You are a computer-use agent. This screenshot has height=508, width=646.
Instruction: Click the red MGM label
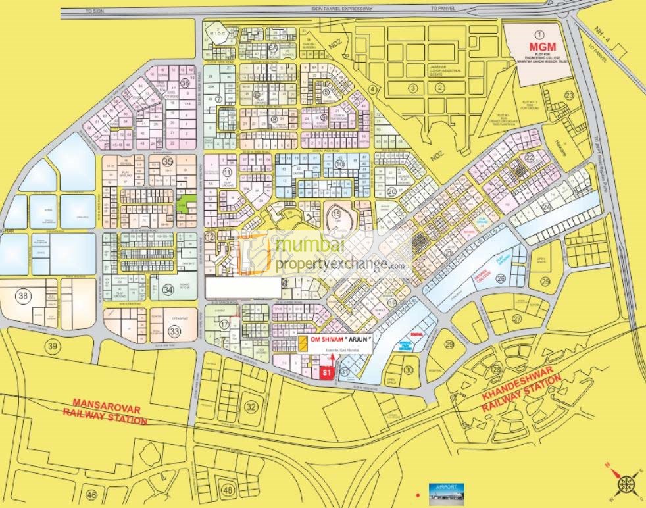pyautogui.click(x=539, y=47)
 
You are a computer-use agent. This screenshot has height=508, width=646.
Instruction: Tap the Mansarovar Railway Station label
pyautogui.click(x=105, y=412)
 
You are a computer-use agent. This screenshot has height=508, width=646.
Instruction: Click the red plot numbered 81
pyautogui.click(x=327, y=373)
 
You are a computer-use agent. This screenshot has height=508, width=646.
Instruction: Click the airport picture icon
pyautogui.click(x=446, y=492)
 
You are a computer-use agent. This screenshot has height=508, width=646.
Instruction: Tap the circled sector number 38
pyautogui.click(x=24, y=296)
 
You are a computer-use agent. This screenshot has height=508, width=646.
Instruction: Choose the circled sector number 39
pyautogui.click(x=51, y=345)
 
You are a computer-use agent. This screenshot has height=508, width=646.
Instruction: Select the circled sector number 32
pyautogui.click(x=251, y=407)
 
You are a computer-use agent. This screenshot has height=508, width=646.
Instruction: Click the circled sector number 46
pyautogui.click(x=91, y=495)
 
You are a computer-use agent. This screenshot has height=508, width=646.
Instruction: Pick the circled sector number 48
pyautogui.click(x=228, y=490)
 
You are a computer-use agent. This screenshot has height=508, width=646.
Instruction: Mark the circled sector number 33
pyautogui.click(x=174, y=332)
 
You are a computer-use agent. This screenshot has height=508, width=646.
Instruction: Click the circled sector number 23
pyautogui.click(x=568, y=96)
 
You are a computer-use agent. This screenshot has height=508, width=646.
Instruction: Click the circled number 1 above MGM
pyautogui.click(x=539, y=34)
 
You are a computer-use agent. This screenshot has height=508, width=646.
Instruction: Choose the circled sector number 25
pyautogui.click(x=545, y=282)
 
